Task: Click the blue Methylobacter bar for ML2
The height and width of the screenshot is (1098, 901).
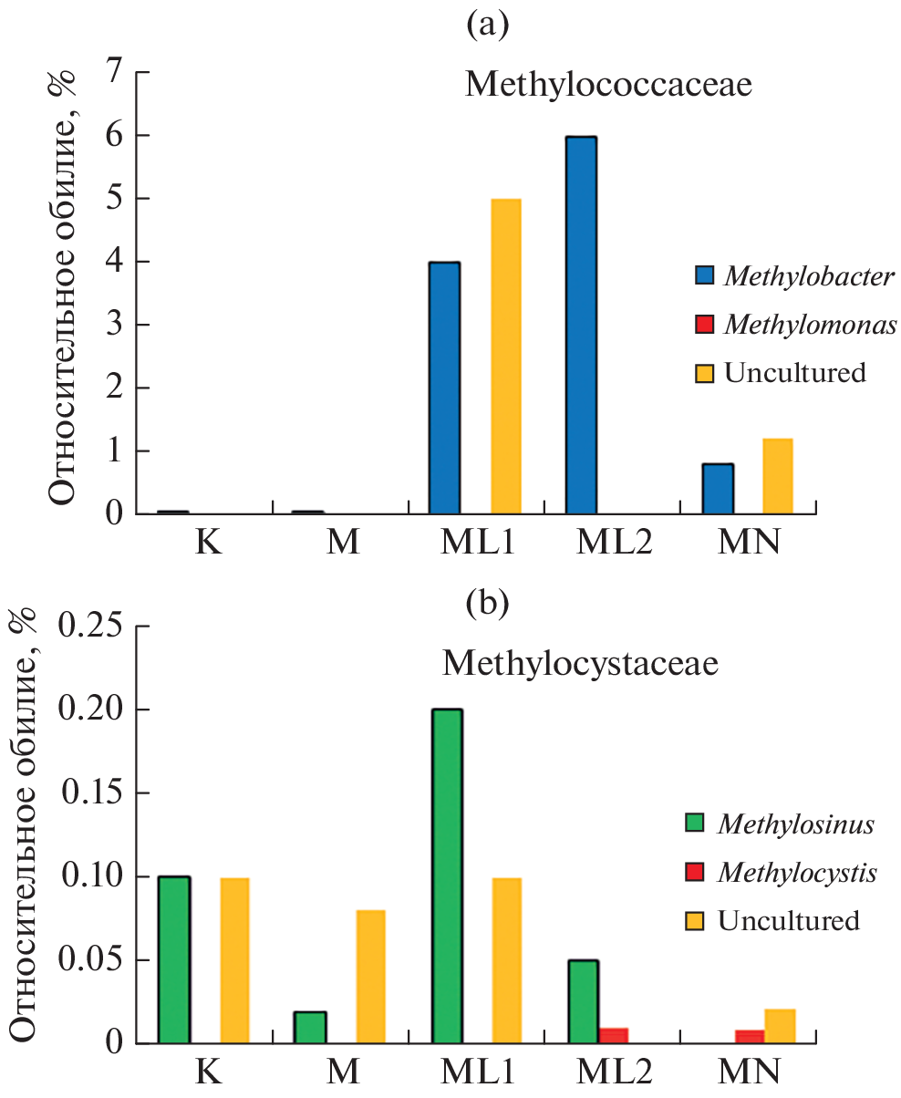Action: (581, 326)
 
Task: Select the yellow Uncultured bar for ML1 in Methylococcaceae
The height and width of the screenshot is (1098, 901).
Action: (506, 357)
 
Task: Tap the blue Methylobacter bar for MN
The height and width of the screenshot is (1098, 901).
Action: (718, 489)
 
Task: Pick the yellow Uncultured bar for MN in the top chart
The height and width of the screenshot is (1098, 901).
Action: (778, 476)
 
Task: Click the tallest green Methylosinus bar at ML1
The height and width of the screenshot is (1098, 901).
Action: (447, 875)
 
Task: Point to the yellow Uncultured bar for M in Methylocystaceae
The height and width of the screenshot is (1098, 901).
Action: (370, 976)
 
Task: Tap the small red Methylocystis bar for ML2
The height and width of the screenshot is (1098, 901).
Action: (613, 1035)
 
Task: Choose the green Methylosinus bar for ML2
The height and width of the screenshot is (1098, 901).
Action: (583, 1000)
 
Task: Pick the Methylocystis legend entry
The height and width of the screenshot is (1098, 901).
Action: (797, 873)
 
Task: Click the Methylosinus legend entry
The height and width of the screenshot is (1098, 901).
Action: (795, 824)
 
